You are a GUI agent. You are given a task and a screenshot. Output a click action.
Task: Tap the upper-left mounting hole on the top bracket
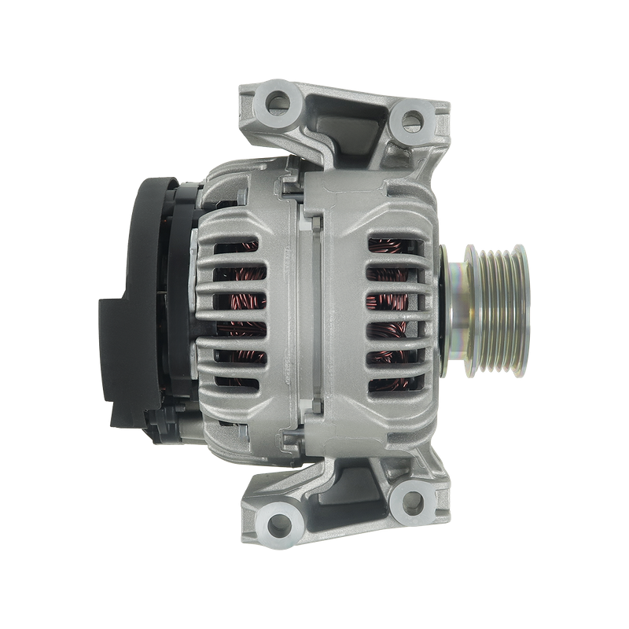point(277,100)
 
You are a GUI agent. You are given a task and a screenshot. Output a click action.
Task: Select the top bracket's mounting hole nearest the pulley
point(411,119)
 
